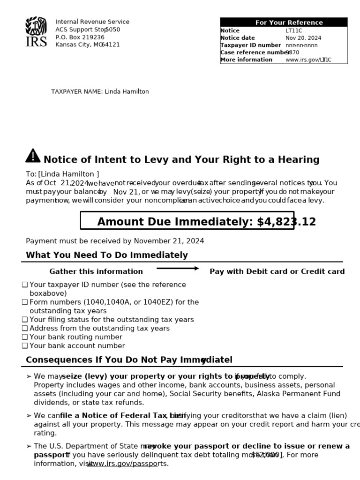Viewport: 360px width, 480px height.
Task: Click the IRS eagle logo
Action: [36, 31]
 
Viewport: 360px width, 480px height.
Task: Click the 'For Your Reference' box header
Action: [284, 22]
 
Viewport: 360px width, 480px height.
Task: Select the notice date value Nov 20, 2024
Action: [303, 38]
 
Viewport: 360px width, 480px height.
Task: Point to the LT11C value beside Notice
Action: [294, 30]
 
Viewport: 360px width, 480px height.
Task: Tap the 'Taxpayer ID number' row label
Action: [250, 45]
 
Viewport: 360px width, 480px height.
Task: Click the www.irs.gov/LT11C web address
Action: [308, 60]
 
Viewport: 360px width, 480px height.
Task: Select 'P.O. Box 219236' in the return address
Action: [80, 37]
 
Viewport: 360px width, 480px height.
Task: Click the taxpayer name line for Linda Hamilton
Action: [100, 91]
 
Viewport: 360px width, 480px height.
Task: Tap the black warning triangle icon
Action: [33, 156]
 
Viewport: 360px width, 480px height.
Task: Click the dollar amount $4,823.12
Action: [286, 222]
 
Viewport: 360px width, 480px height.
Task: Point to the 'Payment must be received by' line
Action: [115, 241]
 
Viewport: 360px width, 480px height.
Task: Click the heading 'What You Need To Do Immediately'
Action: [107, 255]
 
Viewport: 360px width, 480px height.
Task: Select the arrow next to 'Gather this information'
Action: [178, 269]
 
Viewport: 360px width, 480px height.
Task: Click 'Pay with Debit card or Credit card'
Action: [277, 271]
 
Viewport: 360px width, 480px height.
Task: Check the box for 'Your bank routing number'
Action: [25, 337]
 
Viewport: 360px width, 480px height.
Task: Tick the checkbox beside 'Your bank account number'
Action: [25, 346]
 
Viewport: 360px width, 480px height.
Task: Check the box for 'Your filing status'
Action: [25, 320]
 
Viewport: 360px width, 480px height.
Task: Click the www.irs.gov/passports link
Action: [127, 464]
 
